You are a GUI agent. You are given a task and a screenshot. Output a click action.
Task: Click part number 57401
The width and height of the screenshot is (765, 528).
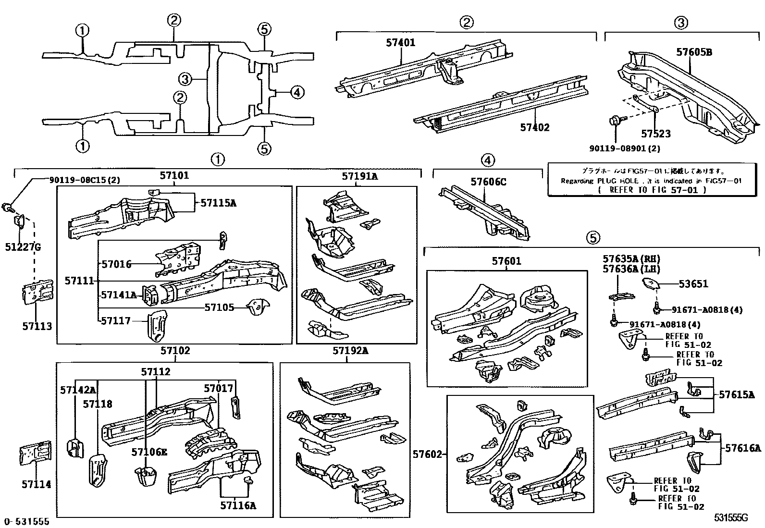tap(400, 43)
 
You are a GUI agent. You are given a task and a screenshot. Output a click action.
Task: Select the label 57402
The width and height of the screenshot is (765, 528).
tap(534, 127)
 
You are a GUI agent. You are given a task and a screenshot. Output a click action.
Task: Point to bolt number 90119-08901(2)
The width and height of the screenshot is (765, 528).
tap(624, 148)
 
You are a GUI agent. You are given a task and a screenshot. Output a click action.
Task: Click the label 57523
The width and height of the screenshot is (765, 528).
tap(655, 134)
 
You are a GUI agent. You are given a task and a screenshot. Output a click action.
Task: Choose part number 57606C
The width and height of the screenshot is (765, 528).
tap(488, 182)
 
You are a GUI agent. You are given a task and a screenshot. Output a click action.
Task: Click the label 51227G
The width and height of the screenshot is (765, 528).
tap(23, 247)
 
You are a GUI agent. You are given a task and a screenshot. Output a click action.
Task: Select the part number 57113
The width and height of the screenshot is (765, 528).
tap(37, 326)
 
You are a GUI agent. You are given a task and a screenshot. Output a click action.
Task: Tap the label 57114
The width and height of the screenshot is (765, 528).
tap(36, 484)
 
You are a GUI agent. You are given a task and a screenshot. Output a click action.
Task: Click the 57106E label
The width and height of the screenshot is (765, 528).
tap(149, 452)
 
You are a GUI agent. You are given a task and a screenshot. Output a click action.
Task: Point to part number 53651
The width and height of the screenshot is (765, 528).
tap(693, 284)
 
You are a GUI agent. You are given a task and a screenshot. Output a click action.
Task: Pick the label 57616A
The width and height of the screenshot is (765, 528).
tap(743, 448)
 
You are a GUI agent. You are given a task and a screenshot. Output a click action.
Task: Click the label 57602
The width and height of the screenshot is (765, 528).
tap(427, 454)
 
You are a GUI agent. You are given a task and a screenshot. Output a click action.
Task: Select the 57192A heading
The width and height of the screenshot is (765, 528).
tap(350, 351)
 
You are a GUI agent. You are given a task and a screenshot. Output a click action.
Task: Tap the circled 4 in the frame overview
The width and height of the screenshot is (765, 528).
tap(297, 92)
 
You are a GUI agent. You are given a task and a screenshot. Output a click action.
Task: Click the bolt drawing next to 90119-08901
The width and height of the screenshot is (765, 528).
tap(617, 121)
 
